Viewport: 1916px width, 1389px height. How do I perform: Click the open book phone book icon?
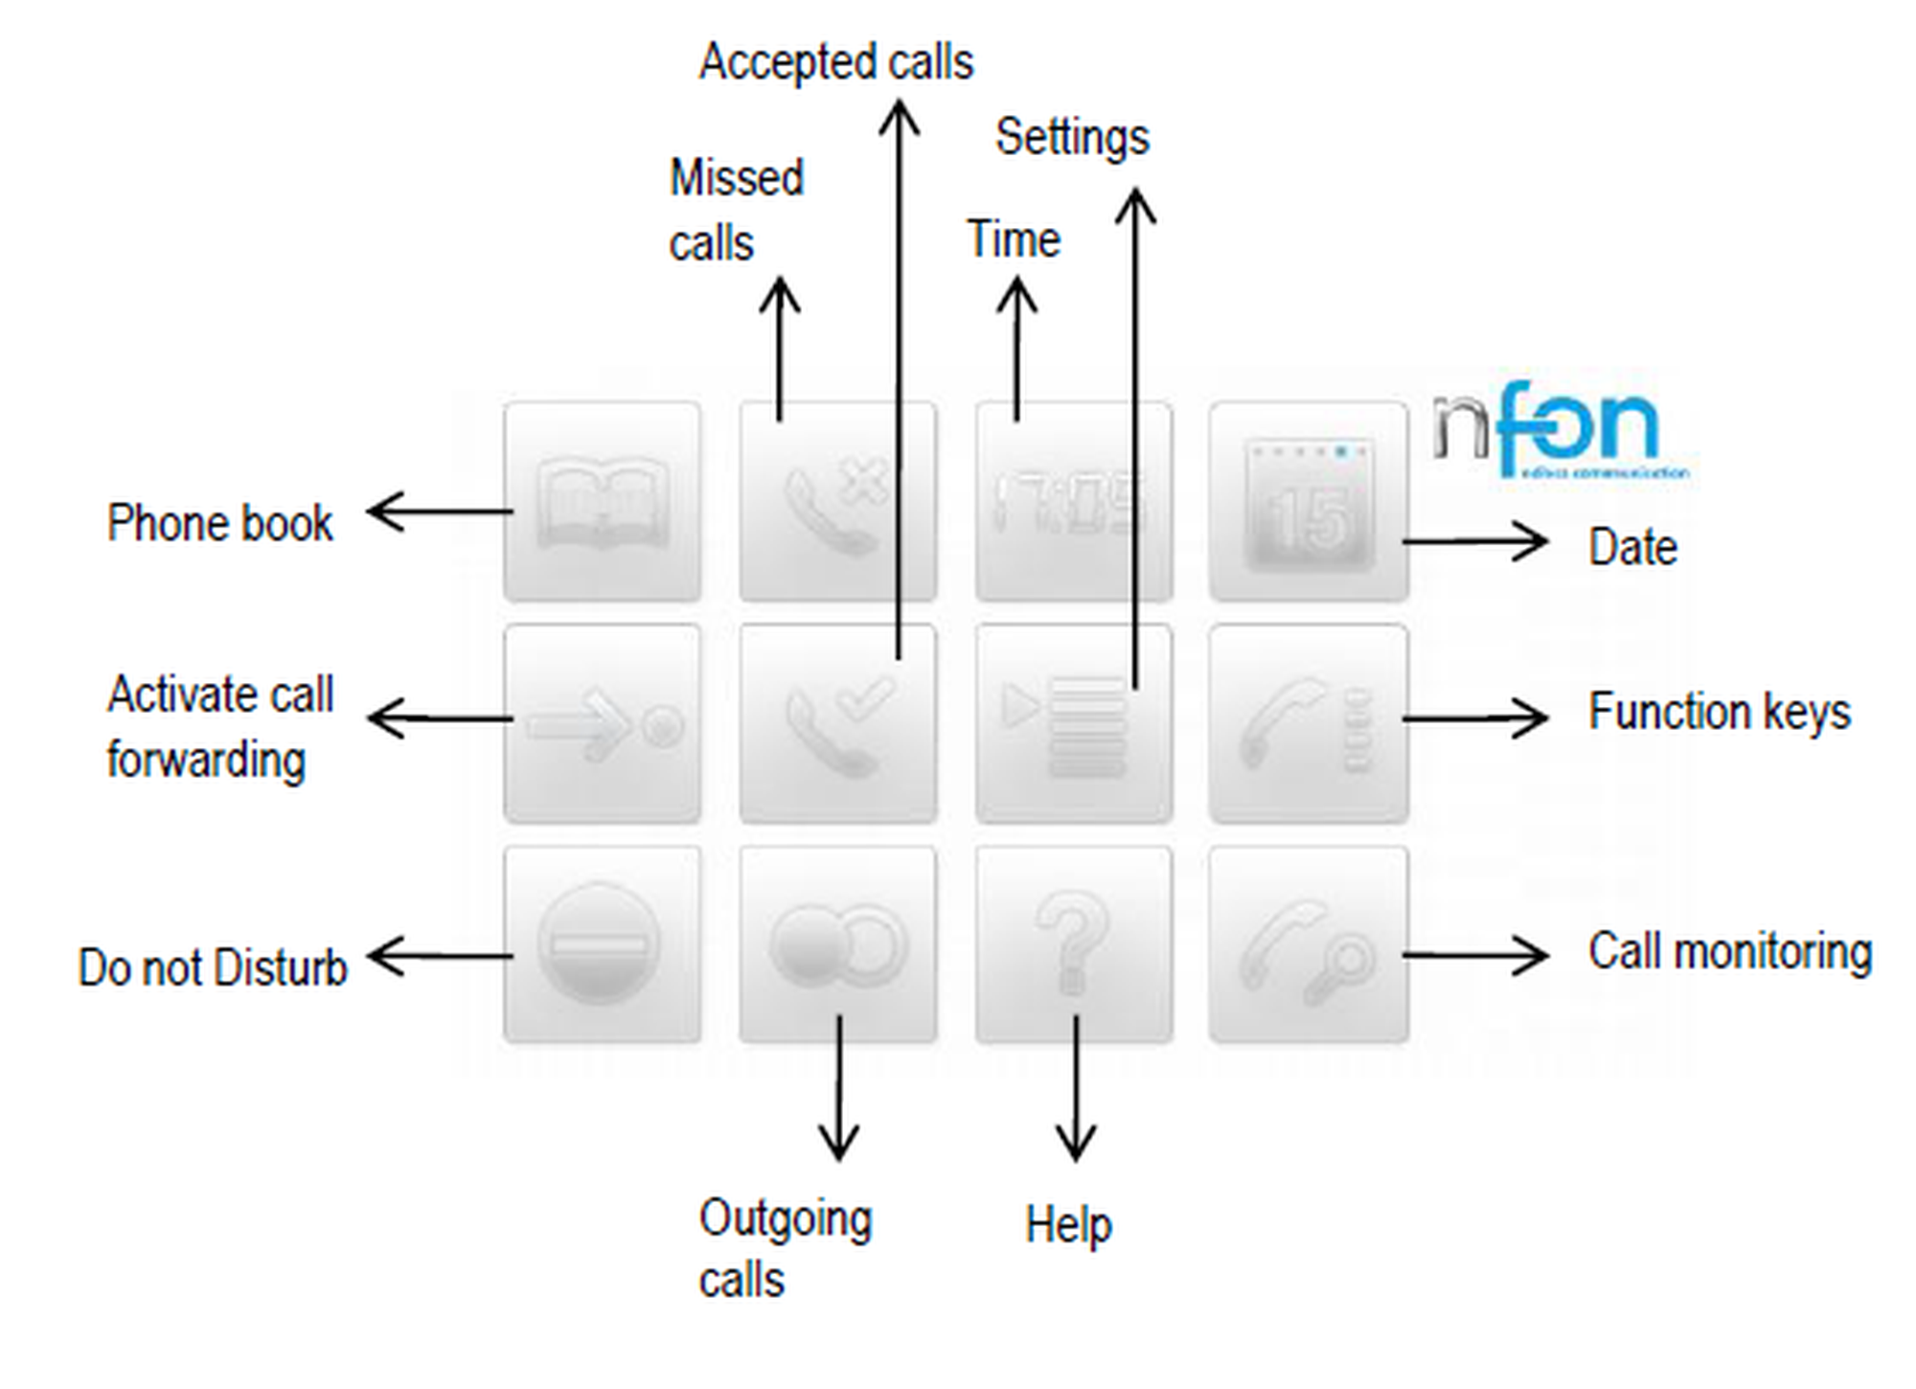pyautogui.click(x=602, y=502)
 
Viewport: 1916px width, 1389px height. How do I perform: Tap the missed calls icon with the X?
pyautogui.click(x=837, y=502)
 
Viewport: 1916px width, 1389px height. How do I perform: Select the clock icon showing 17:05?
pyautogui.click(x=1073, y=502)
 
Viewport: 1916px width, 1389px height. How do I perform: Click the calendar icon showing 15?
pyautogui.click(x=1309, y=502)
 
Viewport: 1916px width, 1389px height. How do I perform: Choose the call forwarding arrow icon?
pyautogui.click(x=602, y=724)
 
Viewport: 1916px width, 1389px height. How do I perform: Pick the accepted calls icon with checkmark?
pyautogui.click(x=837, y=724)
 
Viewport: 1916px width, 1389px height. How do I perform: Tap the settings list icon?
pyautogui.click(x=1073, y=724)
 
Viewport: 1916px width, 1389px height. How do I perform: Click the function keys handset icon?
pyautogui.click(x=1309, y=724)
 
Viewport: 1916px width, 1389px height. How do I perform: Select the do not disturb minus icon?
pyautogui.click(x=602, y=945)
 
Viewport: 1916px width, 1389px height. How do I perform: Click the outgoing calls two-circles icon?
pyautogui.click(x=837, y=945)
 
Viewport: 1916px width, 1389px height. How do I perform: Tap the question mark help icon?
pyautogui.click(x=1073, y=945)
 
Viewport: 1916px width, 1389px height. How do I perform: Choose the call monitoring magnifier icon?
pyautogui.click(x=1309, y=945)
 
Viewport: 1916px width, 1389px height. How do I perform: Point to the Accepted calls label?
pyautogui.click(x=835, y=63)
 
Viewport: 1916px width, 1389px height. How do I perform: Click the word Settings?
pyautogui.click(x=1072, y=138)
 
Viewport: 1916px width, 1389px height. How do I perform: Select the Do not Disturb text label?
pyautogui.click(x=213, y=968)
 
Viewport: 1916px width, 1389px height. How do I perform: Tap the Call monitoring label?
pyautogui.click(x=1730, y=952)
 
